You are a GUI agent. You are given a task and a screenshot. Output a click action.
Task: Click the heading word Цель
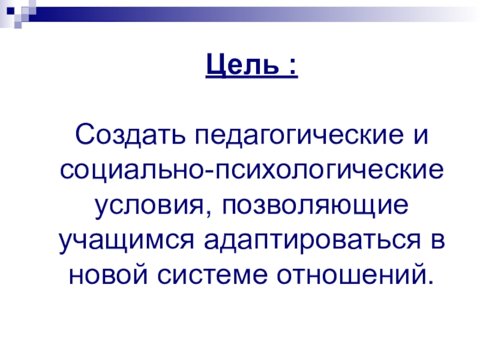(x=238, y=63)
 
